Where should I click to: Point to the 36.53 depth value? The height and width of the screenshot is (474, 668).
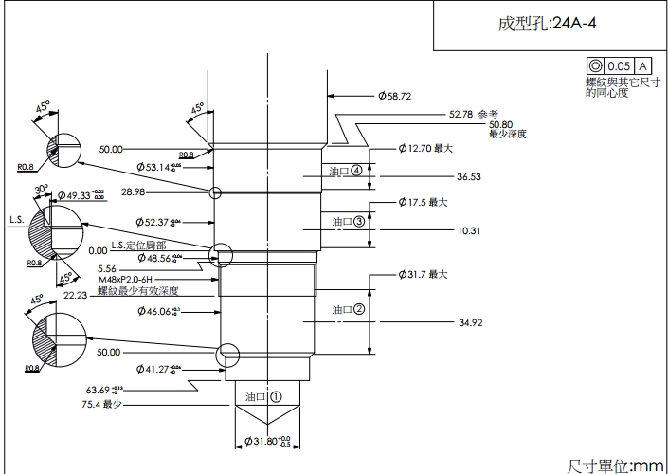(468, 176)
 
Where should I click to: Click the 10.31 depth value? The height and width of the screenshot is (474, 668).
(469, 230)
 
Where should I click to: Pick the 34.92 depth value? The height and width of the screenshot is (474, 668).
(471, 323)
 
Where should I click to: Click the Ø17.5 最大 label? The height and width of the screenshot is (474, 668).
(422, 202)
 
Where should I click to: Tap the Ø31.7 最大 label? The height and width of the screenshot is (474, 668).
(423, 274)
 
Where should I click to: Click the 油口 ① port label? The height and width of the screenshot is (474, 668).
(263, 397)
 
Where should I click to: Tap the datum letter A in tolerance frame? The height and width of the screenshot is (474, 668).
(642, 65)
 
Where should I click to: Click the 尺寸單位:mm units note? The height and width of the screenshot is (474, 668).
(616, 465)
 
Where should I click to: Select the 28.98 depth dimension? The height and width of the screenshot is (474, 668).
(134, 192)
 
